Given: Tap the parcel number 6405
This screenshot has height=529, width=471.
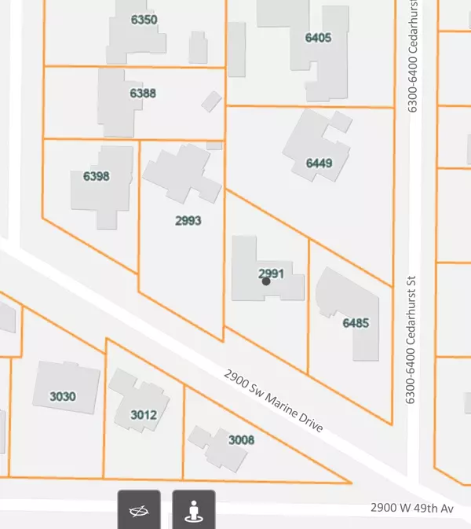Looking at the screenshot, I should tap(319, 37).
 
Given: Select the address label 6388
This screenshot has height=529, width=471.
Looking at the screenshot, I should tap(142, 94).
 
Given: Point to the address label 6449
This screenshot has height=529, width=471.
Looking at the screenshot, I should tap(319, 163).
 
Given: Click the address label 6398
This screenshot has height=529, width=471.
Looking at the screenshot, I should tap(96, 176).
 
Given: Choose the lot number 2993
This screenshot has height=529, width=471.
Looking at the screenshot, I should tap(188, 221).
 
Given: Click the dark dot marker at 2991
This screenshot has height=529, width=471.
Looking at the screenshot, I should tap(266, 281).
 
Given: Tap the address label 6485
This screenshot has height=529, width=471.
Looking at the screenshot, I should tap(355, 323).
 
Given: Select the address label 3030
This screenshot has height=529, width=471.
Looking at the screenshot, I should tap(62, 396).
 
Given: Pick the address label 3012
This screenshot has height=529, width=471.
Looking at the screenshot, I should tap(144, 415).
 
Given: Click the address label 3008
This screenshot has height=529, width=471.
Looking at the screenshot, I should tap(241, 440).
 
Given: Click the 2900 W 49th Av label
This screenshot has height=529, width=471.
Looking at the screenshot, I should tap(413, 509).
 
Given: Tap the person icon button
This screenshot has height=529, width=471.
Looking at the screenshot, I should tap(193, 511).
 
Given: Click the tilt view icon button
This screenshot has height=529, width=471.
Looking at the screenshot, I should tap(140, 511).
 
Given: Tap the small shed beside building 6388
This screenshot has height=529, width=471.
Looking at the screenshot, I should tap(211, 101).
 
